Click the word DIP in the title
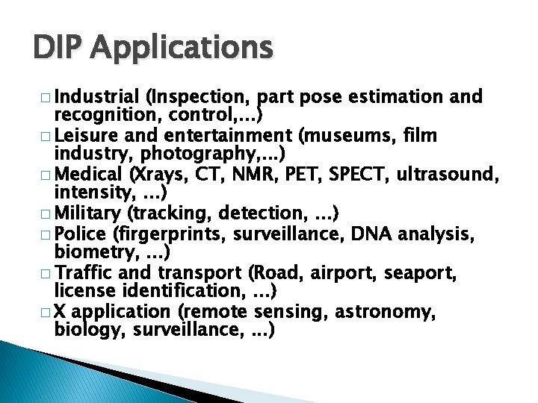61,48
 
